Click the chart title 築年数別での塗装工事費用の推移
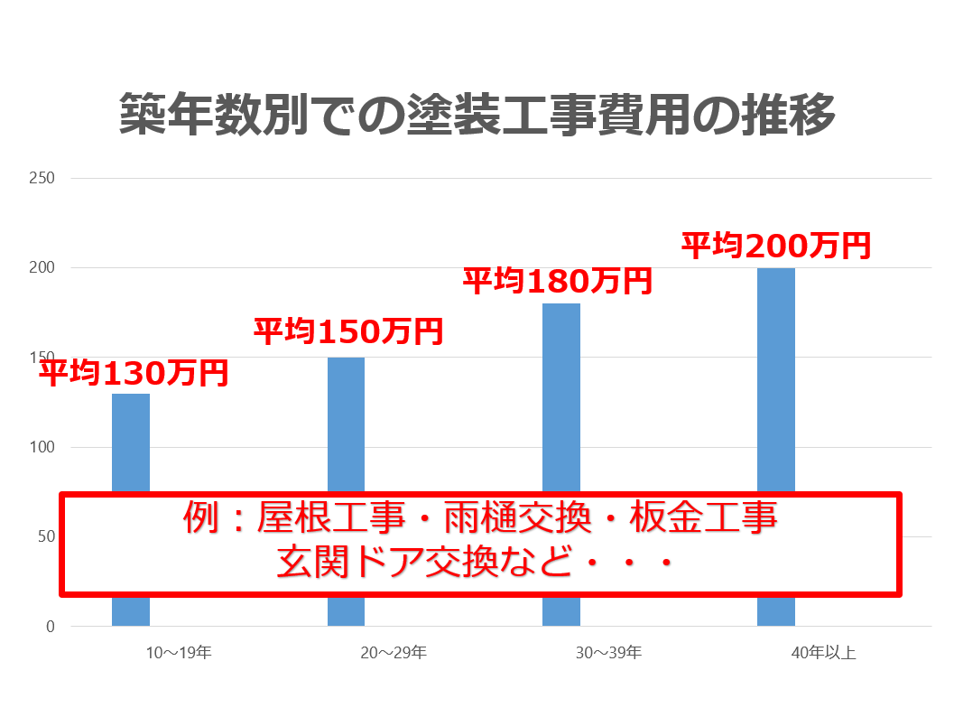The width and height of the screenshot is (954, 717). [477, 115]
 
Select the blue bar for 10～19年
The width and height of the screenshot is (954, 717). [131, 442]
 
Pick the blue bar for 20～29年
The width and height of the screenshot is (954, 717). [346, 424]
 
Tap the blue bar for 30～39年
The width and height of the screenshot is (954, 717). [561, 397]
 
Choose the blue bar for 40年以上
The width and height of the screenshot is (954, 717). [776, 379]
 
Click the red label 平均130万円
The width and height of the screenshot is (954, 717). [133, 372]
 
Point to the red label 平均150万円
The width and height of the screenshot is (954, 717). [348, 331]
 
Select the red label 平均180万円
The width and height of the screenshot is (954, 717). [557, 281]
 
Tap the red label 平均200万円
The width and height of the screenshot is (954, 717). [775, 245]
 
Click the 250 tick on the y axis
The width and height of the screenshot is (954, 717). [43, 178]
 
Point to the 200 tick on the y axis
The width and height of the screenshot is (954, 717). [43, 268]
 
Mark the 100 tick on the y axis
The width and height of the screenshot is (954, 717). [43, 448]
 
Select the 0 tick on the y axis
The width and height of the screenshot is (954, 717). [50, 627]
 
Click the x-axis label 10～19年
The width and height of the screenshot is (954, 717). [178, 652]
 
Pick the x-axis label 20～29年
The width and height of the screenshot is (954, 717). [394, 652]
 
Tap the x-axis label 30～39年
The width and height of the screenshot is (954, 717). [609, 652]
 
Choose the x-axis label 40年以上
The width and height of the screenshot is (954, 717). [824, 652]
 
